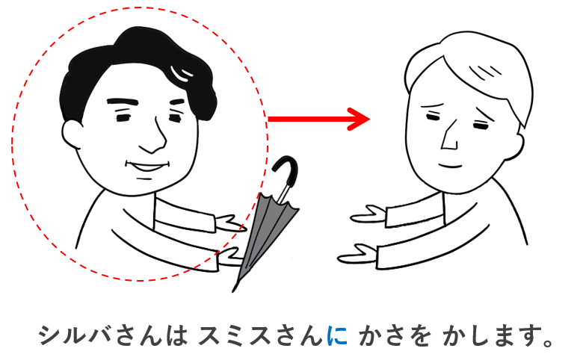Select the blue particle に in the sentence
coord(337,335)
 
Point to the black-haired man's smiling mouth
coord(147,166)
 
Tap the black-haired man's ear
coord(72,134)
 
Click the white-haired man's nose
coord(450,136)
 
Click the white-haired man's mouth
coord(451,165)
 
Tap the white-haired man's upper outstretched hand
coord(368,215)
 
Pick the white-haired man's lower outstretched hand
coord(358,254)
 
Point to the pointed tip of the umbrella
coord(233,291)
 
